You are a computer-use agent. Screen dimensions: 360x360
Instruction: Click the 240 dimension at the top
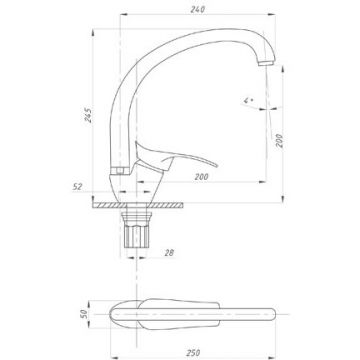[x=198, y=9]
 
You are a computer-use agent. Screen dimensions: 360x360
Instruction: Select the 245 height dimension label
[x=88, y=115]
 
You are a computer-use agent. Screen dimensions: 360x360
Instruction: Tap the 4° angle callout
[x=248, y=100]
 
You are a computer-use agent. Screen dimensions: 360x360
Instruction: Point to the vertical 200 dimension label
[x=279, y=141]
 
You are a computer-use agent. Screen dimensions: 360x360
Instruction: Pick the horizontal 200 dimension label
[x=202, y=177]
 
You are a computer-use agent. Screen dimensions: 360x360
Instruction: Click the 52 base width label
[x=77, y=187]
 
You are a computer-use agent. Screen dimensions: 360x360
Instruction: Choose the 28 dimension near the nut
[x=169, y=253]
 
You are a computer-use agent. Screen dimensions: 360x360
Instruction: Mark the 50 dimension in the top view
[x=84, y=314]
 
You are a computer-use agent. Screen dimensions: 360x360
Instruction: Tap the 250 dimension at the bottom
[x=193, y=352]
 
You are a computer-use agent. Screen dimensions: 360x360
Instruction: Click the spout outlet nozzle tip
[x=266, y=63]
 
